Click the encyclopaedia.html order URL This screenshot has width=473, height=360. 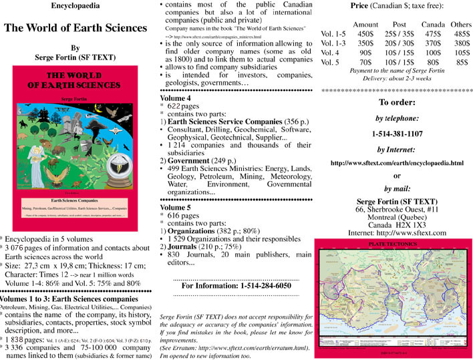point(397,162)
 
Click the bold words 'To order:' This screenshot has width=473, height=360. point(397,103)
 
